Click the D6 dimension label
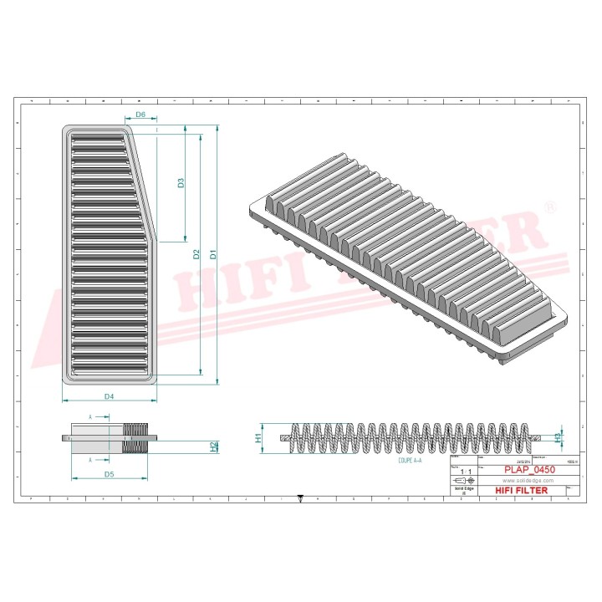coord(140,115)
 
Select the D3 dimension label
coord(181,182)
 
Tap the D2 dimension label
coord(197,254)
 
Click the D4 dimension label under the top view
coord(109,395)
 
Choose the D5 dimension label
coord(109,474)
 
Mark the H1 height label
coord(258,437)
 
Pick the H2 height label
coord(214,446)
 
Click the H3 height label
coord(559,436)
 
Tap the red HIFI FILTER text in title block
coord(523,491)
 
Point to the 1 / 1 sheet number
coord(465,472)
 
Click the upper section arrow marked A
coord(91,416)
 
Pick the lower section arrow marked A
coord(91,459)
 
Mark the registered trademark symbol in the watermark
coord(548,206)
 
